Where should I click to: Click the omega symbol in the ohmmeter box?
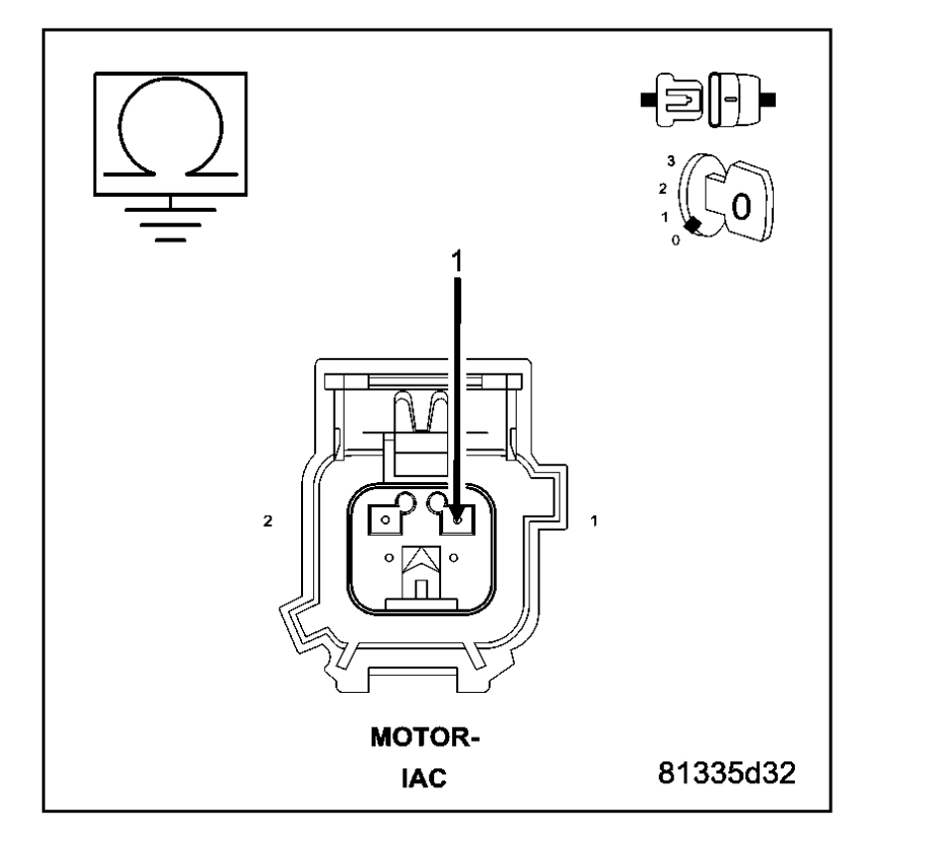point(171,133)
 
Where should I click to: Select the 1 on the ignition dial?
point(663,216)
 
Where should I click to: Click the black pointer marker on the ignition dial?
point(693,227)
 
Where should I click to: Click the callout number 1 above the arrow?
point(457,259)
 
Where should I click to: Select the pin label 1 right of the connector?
point(593,520)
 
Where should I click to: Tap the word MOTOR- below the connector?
point(424,740)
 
